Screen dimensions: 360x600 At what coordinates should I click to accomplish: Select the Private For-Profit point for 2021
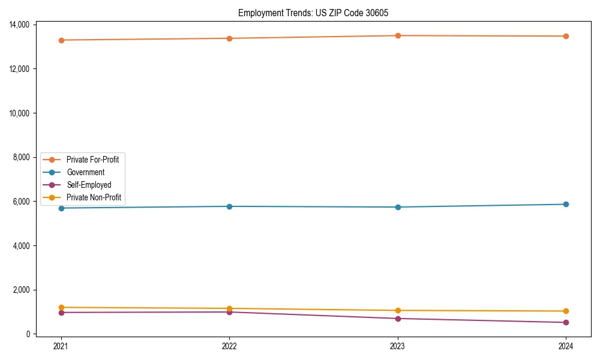pyautogui.click(x=61, y=40)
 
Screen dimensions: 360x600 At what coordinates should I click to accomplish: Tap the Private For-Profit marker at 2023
pyautogui.click(x=398, y=35)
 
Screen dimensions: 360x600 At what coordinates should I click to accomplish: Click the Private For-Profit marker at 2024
pyautogui.click(x=566, y=36)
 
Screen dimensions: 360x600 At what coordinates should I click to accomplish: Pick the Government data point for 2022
pyautogui.click(x=229, y=206)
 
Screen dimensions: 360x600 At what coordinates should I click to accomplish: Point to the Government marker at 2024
pyautogui.click(x=566, y=204)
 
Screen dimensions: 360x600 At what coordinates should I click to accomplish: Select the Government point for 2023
pyautogui.click(x=398, y=207)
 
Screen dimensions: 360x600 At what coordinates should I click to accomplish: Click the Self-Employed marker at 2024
pyautogui.click(x=566, y=323)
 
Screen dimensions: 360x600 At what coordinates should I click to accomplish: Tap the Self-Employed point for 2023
pyautogui.click(x=398, y=319)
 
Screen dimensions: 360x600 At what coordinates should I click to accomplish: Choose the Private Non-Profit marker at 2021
pyautogui.click(x=61, y=307)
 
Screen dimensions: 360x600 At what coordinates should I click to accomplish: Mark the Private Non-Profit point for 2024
pyautogui.click(x=566, y=311)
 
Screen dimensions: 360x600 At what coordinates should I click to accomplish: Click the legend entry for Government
pyautogui.click(x=85, y=172)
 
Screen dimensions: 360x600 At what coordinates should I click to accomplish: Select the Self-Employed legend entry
pyautogui.click(x=89, y=185)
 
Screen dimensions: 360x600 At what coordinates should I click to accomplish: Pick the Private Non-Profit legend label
pyautogui.click(x=94, y=197)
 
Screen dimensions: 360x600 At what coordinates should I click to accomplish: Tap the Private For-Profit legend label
pyautogui.click(x=92, y=160)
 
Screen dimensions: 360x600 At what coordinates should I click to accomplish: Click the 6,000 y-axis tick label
pyautogui.click(x=22, y=202)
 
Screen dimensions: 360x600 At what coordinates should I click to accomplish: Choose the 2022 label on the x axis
pyautogui.click(x=229, y=346)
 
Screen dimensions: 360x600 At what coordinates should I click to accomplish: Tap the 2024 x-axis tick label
pyautogui.click(x=566, y=346)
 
